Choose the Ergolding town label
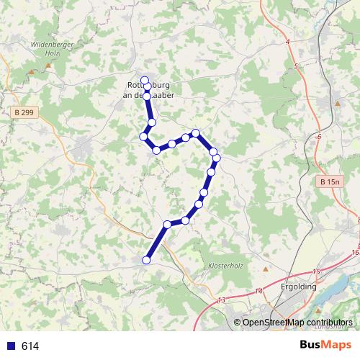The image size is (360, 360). (x=297, y=287)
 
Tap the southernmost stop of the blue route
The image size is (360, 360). (x=146, y=260)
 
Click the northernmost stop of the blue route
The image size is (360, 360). (x=145, y=80)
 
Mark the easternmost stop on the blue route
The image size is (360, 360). (x=216, y=158)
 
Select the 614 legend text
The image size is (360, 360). (x=30, y=346)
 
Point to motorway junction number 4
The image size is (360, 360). (x=287, y=43)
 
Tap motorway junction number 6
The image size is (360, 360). (x=318, y=135)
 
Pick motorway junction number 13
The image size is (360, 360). (x=221, y=299)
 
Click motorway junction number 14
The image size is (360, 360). (x=259, y=290)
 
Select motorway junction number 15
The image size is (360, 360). (x=315, y=271)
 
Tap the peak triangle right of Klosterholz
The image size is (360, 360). (x=265, y=269)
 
